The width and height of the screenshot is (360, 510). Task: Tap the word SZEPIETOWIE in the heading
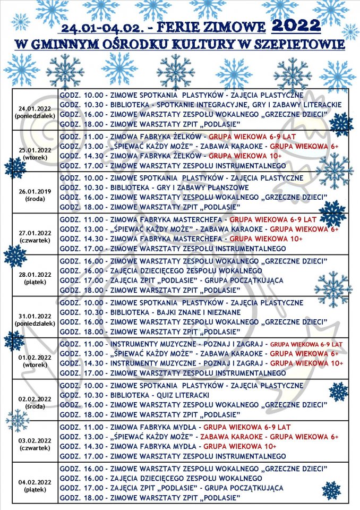(x=299, y=44)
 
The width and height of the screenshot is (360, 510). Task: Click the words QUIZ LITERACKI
(x=178, y=395)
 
